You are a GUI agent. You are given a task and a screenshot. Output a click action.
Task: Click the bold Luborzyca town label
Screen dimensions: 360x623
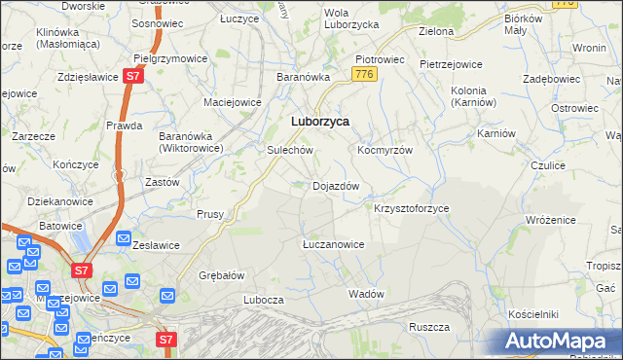click(x=320, y=122)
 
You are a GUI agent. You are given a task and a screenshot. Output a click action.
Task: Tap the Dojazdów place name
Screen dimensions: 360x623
click(x=336, y=185)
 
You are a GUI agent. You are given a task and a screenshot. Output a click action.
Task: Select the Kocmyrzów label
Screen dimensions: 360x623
click(x=385, y=151)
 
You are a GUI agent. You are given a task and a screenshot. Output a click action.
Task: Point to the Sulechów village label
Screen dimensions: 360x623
click(x=289, y=151)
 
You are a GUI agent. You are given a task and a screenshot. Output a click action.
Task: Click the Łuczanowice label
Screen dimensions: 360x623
click(x=333, y=244)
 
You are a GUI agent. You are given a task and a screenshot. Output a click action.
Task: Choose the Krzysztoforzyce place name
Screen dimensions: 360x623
click(x=412, y=208)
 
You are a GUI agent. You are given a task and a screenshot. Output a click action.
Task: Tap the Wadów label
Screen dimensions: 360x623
click(x=366, y=293)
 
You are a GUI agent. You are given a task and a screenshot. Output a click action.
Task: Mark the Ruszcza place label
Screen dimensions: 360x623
click(x=427, y=327)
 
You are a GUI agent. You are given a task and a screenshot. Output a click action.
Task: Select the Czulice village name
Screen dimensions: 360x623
click(x=548, y=165)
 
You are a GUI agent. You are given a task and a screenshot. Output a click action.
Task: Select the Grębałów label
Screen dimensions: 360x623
click(x=221, y=275)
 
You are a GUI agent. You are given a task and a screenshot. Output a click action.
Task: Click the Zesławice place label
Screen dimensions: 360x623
click(x=156, y=245)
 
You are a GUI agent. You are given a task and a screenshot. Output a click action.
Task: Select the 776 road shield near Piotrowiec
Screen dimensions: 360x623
click(x=365, y=74)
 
